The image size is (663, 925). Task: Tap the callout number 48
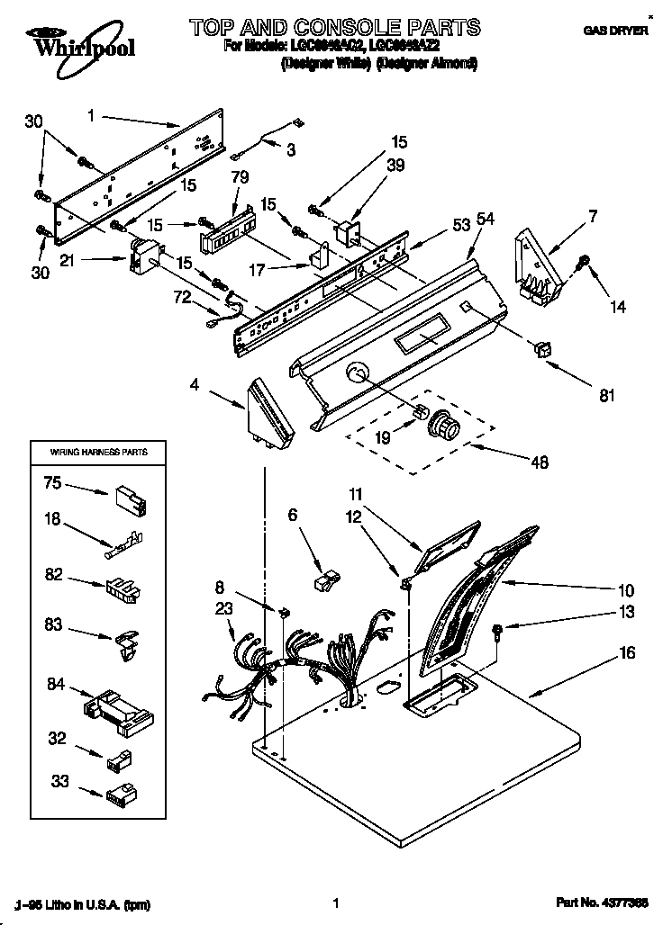[x=539, y=462]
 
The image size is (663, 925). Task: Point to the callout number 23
[x=225, y=608]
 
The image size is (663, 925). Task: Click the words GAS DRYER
[x=615, y=31]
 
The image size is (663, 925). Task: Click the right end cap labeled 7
[x=539, y=261]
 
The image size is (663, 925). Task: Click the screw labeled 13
[x=497, y=630]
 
